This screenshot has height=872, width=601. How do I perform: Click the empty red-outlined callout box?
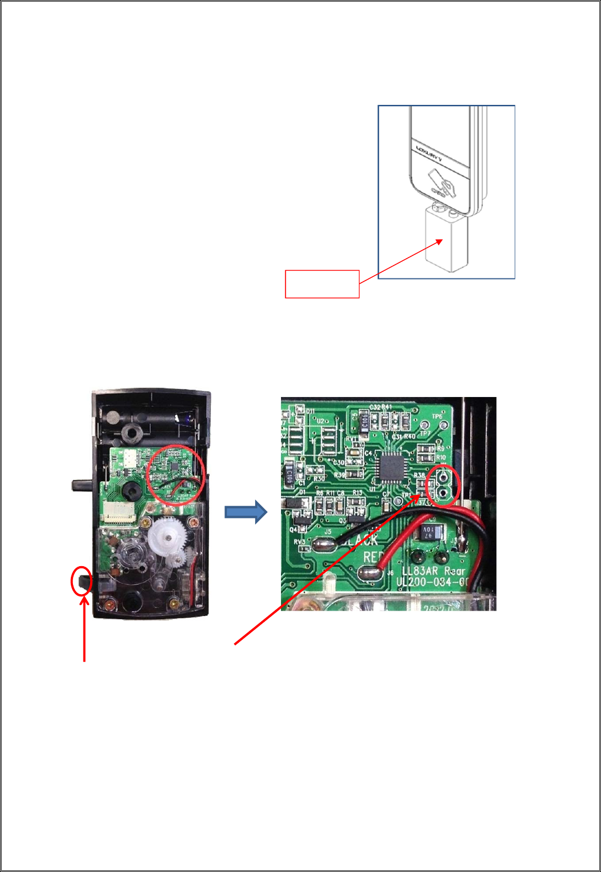322,284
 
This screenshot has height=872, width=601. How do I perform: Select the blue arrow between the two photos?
246,512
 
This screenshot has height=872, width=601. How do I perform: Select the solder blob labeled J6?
370,574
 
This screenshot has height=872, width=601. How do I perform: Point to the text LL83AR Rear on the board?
434,571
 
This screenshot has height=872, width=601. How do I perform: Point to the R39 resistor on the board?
355,473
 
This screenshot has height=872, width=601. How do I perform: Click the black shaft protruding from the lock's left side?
82,485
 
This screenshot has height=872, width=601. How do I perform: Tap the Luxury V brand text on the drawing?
429,152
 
